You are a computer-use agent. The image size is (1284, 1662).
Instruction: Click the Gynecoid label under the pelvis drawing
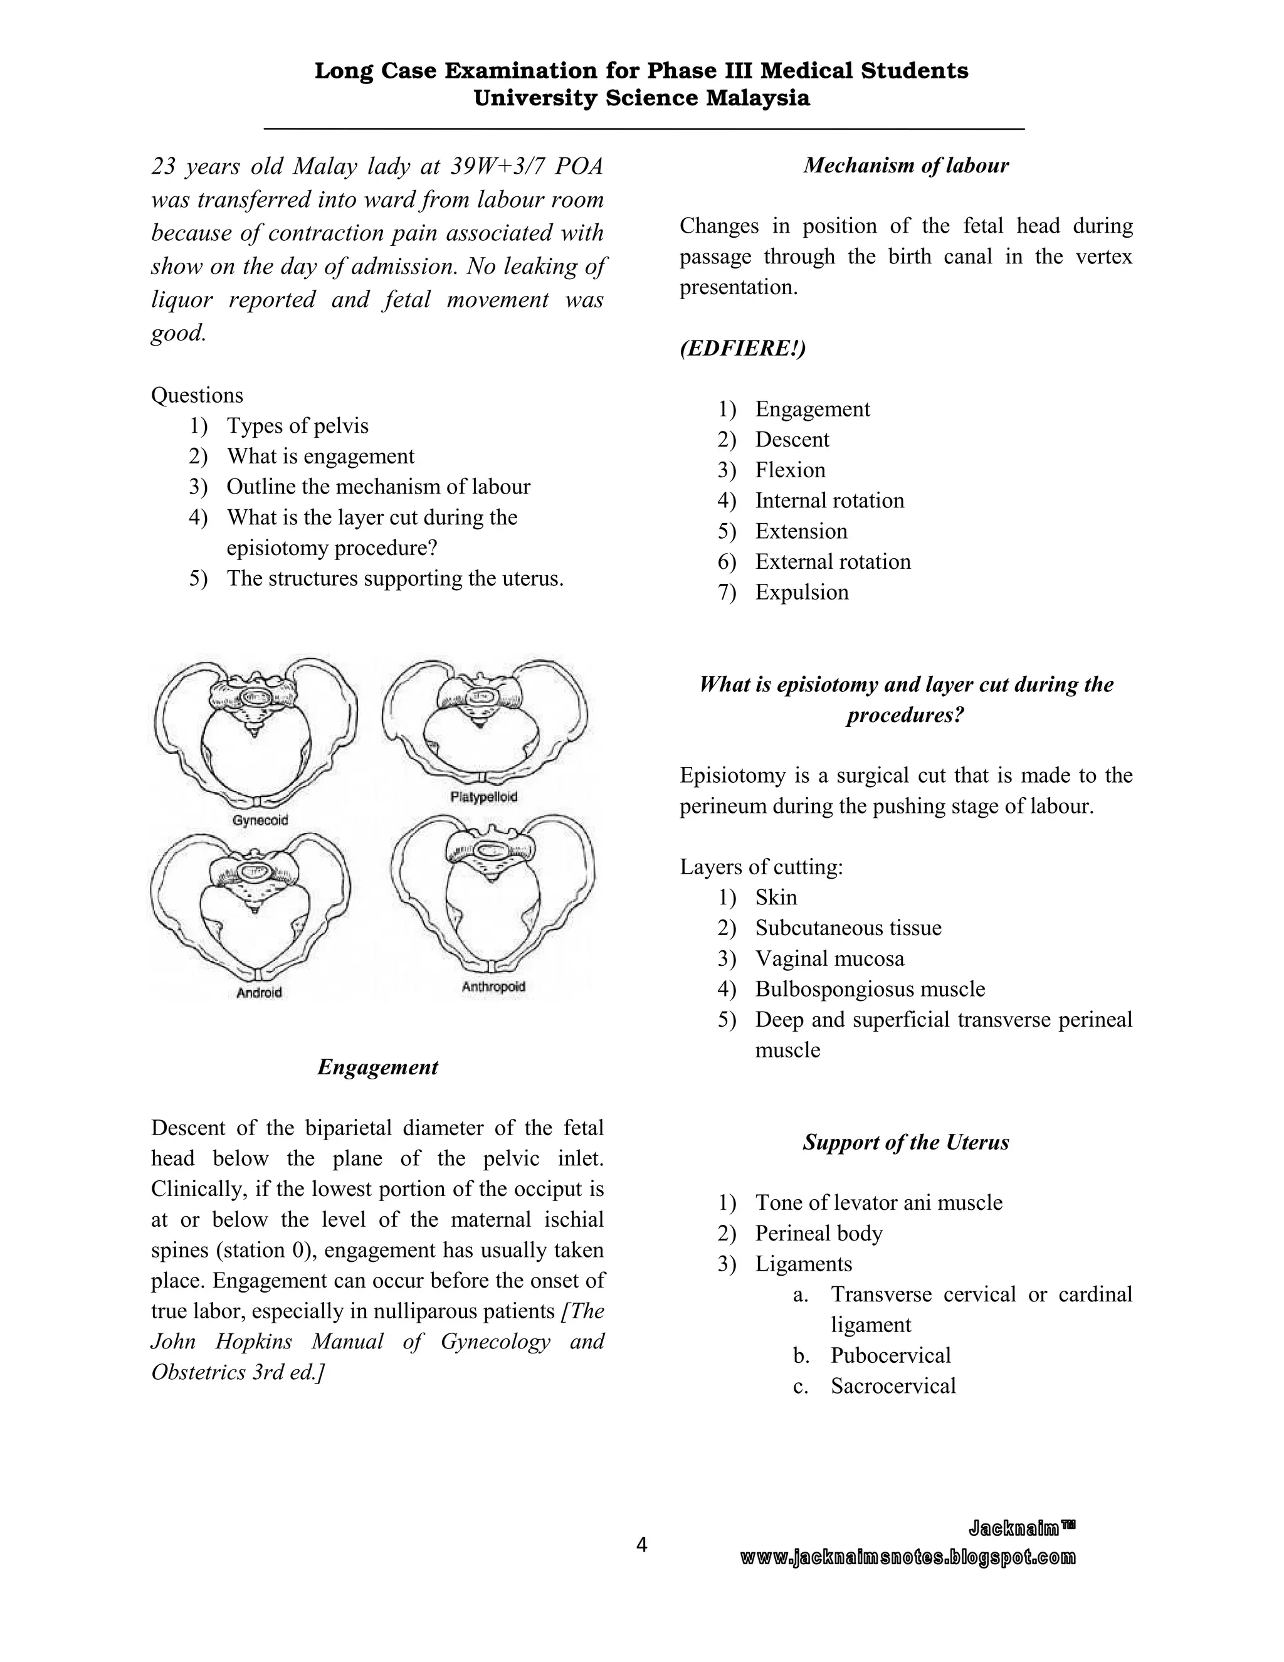click(260, 820)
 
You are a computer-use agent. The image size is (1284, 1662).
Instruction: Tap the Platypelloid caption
click(484, 797)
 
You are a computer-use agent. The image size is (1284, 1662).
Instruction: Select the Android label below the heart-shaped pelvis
click(259, 992)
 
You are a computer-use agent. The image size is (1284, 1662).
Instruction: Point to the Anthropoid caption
click(493, 987)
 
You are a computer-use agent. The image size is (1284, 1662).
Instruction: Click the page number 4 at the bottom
click(641, 1544)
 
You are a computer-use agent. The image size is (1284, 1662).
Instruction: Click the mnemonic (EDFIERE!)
click(742, 348)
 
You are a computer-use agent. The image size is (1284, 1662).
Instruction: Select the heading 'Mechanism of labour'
click(905, 165)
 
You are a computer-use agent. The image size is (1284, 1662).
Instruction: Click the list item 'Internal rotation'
click(829, 500)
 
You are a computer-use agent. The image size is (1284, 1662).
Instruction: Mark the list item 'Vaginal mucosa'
click(829, 958)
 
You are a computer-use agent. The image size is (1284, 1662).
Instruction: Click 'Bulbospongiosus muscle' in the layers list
click(870, 988)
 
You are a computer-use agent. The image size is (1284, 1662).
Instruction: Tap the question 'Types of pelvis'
click(297, 425)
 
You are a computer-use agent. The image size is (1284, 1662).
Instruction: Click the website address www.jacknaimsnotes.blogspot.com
click(908, 1557)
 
